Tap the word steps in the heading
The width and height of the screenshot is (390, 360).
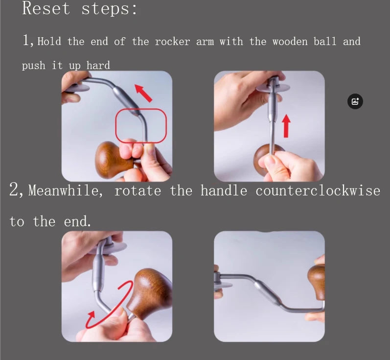tap(110, 9)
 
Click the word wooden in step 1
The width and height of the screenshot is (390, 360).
tap(290, 41)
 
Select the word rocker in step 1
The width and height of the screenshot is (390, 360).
tap(172, 41)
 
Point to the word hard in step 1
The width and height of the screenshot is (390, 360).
tap(98, 65)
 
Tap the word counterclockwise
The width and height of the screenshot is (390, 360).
tap(318, 191)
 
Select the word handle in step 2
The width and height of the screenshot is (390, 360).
tap(224, 191)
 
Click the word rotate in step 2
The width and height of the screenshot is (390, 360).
tap(138, 191)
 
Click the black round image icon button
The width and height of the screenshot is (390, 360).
tap(355, 101)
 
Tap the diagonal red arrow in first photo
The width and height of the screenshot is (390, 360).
tap(143, 93)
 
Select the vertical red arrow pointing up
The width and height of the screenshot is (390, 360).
tap(286, 126)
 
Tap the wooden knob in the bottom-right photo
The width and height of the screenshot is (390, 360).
tap(317, 282)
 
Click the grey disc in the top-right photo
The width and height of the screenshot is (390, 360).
tap(273, 87)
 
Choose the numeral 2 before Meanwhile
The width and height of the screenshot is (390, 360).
tap(16, 190)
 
